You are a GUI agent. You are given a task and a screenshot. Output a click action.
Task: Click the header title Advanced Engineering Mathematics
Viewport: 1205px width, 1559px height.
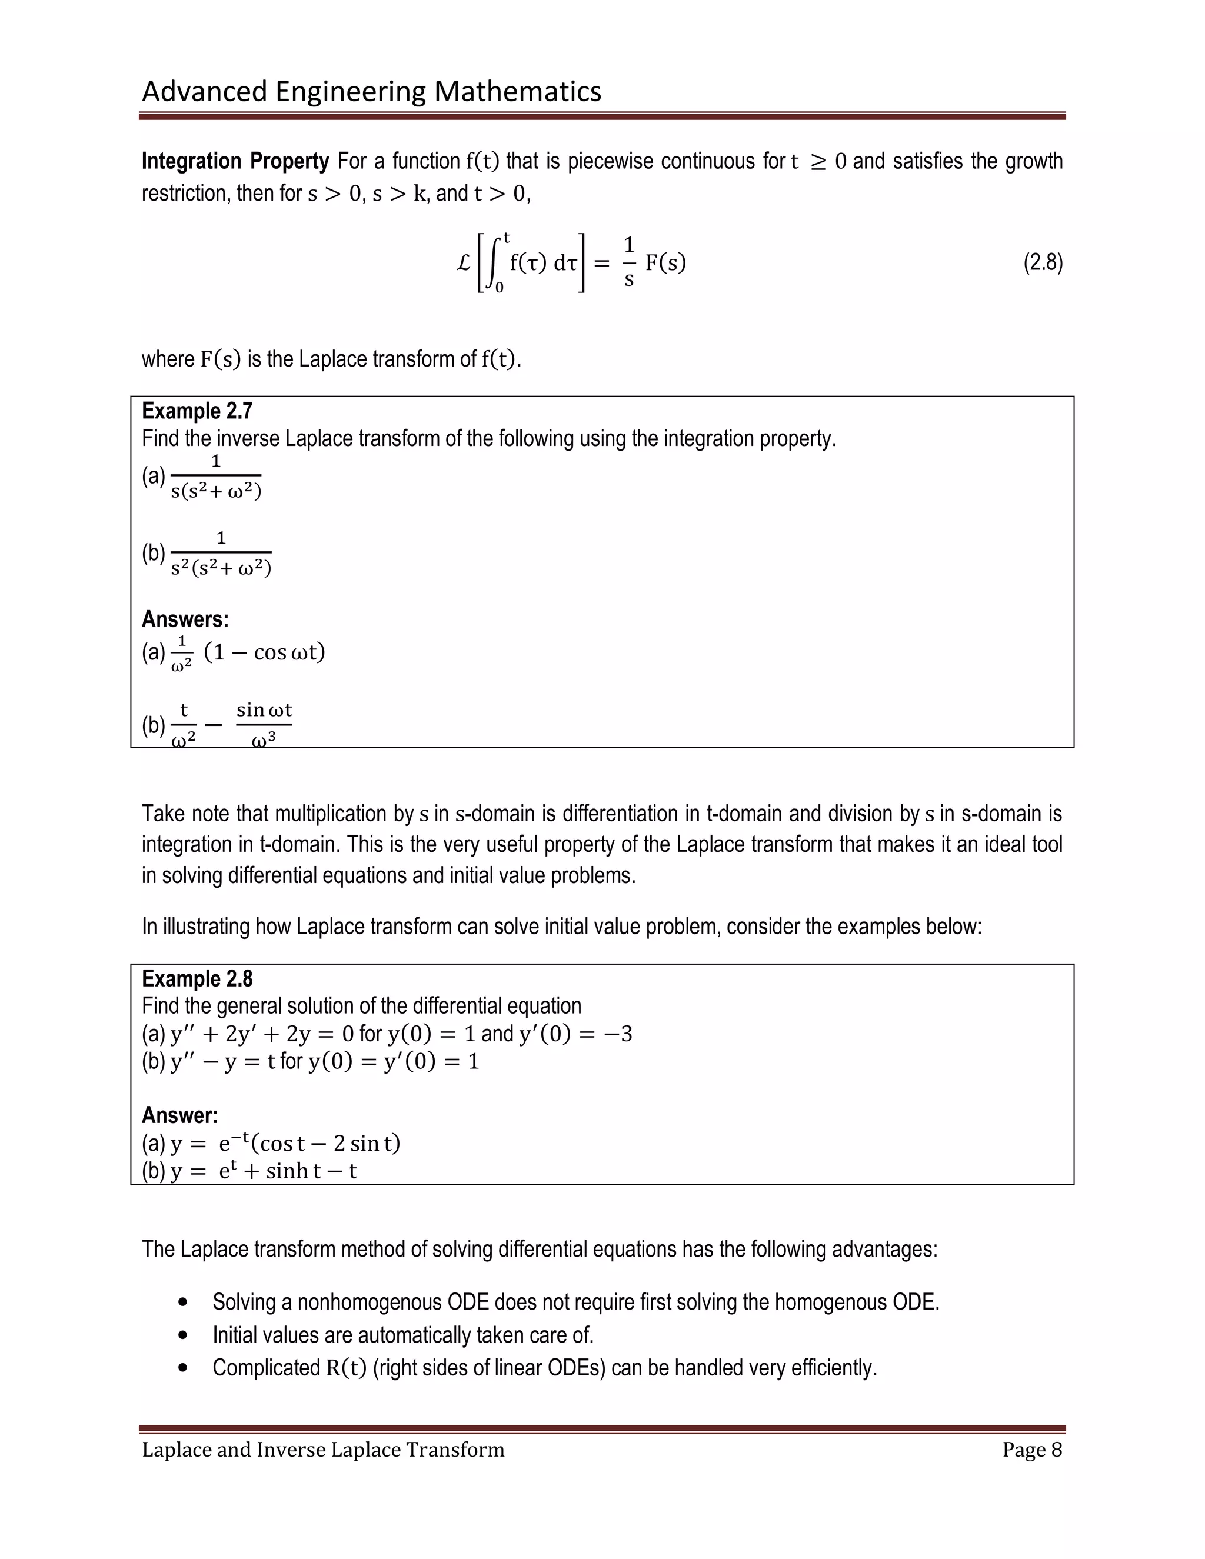[x=371, y=91]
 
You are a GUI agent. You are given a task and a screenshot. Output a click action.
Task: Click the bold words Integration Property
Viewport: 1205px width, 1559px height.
[x=235, y=161]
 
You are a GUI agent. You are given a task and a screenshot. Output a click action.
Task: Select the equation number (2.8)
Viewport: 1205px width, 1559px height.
[x=1042, y=263]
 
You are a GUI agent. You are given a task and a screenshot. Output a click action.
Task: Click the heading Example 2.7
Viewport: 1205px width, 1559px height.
[x=197, y=411]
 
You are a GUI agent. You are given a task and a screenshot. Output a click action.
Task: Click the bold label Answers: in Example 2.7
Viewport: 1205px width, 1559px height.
[x=185, y=619]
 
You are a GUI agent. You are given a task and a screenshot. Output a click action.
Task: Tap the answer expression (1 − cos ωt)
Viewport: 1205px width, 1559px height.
[x=264, y=652]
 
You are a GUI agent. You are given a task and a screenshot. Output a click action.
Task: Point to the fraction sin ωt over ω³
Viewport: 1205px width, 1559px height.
[x=264, y=725]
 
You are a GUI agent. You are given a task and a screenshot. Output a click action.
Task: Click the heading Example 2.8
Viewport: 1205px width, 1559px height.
[x=197, y=979]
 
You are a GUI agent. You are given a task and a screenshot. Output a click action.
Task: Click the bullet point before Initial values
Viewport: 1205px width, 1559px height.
[x=184, y=1335]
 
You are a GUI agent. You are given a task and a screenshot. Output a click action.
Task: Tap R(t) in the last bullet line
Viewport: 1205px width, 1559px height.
[x=346, y=1368]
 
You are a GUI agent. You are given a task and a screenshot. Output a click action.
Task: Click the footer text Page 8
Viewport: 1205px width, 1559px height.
[x=1031, y=1450]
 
